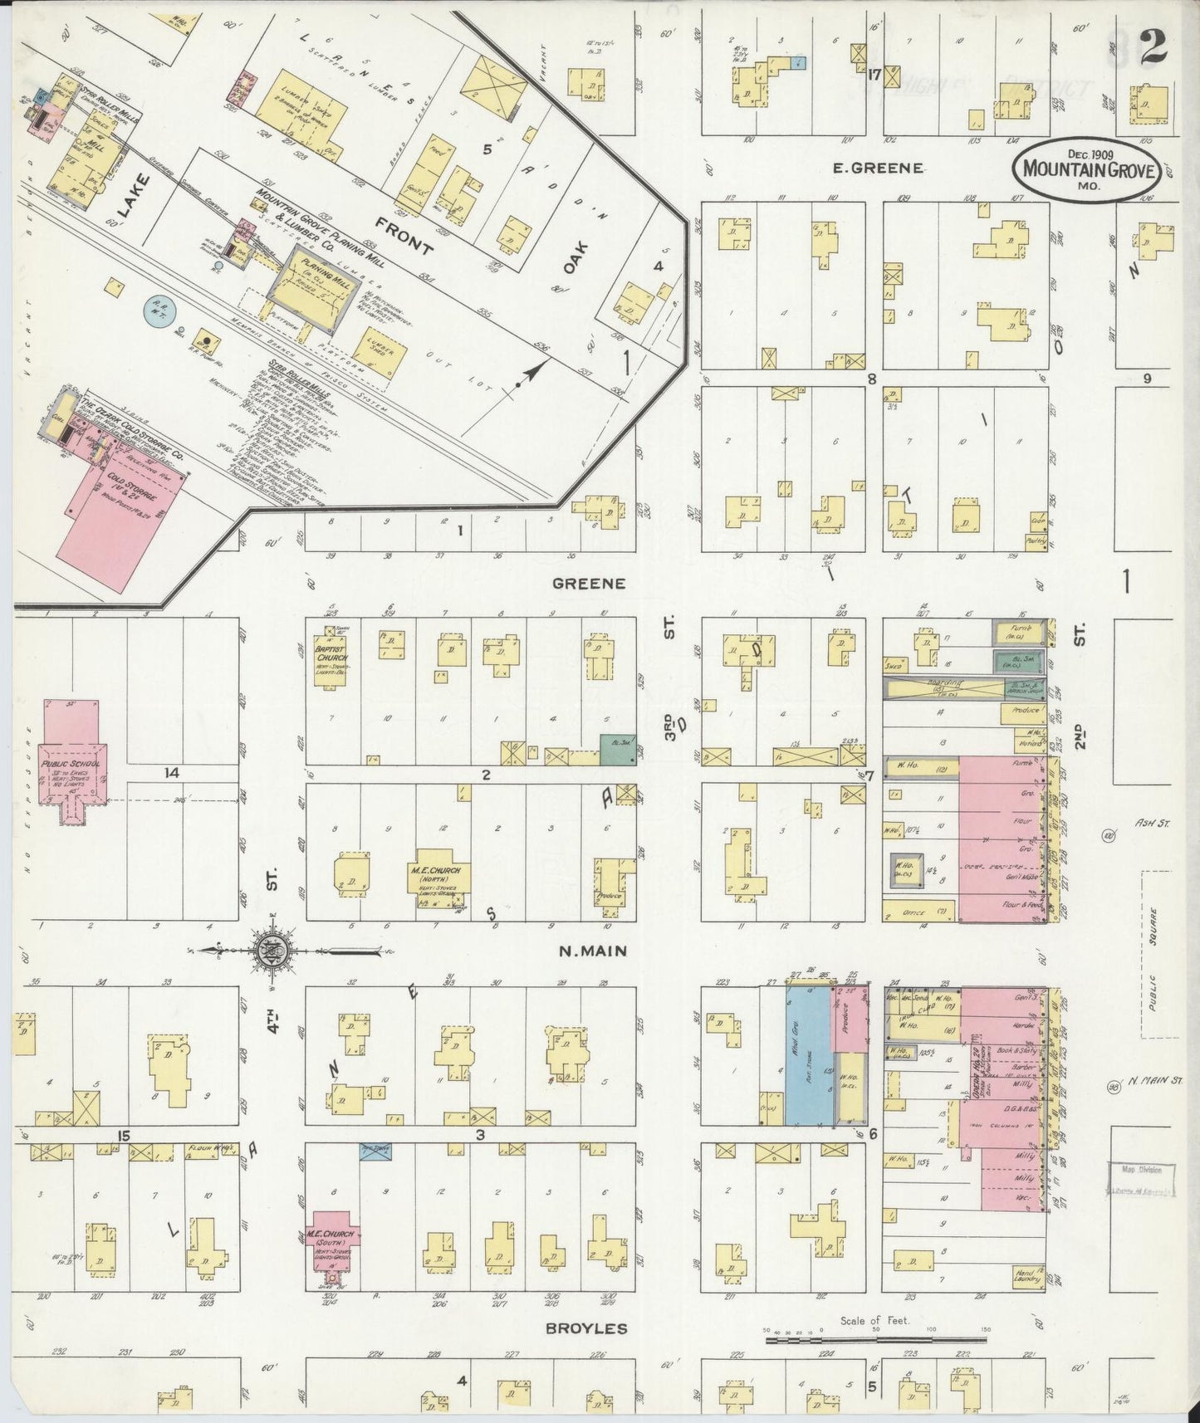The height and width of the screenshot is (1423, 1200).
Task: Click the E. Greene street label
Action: coord(878,168)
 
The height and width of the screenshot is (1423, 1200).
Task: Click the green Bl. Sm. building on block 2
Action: coord(615,748)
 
